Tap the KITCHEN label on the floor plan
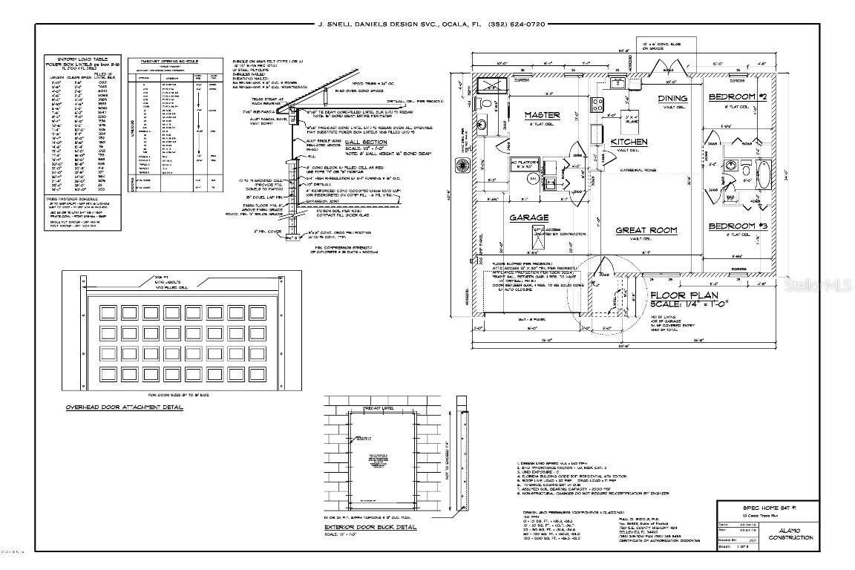[629, 141]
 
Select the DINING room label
[672, 98]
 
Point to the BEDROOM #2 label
[736, 97]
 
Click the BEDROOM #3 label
[736, 226]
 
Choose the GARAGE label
[528, 217]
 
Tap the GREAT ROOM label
[646, 230]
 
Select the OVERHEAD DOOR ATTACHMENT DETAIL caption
[124, 407]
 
